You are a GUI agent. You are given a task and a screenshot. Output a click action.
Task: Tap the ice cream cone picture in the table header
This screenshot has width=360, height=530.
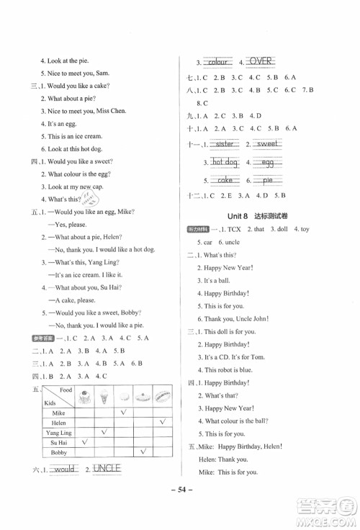(x=104, y=395)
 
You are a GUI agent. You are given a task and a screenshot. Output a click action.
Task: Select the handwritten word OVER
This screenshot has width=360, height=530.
(x=265, y=62)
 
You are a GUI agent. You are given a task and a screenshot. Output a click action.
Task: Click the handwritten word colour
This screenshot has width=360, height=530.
(x=217, y=62)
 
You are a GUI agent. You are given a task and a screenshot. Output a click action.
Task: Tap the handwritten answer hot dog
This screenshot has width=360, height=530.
(x=225, y=163)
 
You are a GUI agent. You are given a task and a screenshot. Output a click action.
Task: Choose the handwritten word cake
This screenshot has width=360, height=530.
(x=225, y=181)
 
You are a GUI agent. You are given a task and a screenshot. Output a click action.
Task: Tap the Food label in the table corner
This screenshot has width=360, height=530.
(x=67, y=390)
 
